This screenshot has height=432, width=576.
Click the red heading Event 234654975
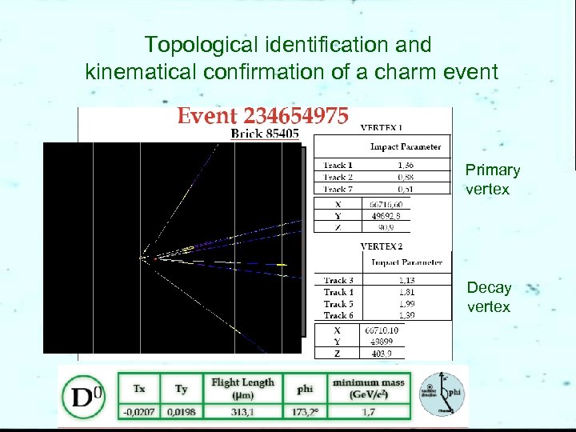(x=262, y=116)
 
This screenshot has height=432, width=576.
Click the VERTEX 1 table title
(x=382, y=127)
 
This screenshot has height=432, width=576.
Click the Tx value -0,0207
(x=139, y=411)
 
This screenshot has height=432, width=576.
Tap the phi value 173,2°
(x=305, y=411)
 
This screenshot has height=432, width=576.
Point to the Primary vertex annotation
(x=492, y=180)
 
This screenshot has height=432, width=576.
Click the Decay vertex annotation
(x=489, y=297)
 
